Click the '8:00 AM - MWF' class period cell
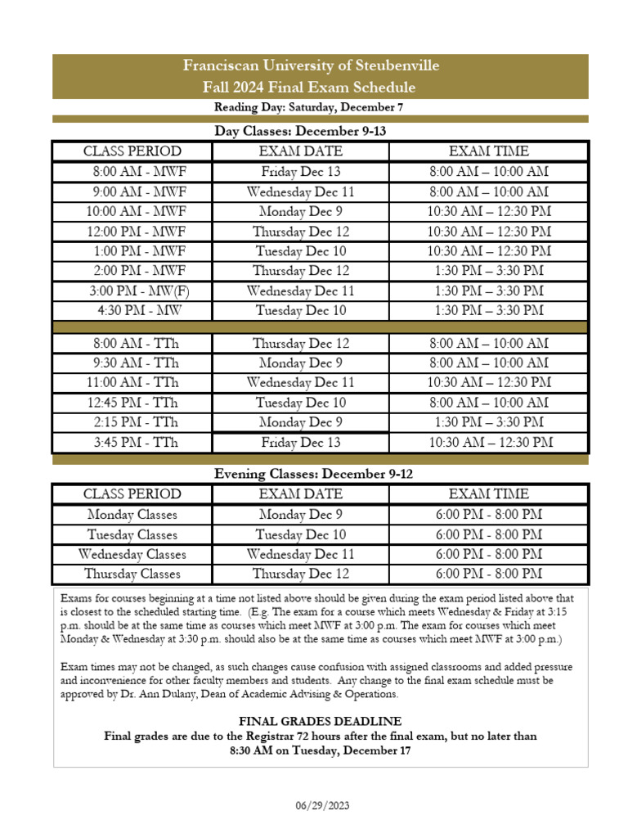tap(139, 172)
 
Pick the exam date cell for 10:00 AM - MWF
tap(301, 211)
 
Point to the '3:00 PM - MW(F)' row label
tap(139, 291)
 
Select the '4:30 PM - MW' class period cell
tap(139, 310)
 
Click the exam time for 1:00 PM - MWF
tap(489, 251)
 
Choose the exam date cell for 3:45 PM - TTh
tap(301, 443)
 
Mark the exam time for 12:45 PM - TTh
tap(489, 403)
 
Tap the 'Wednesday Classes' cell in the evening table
tap(132, 554)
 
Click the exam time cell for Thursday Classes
tap(489, 574)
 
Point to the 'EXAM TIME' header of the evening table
tap(489, 494)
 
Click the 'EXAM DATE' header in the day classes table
tap(301, 151)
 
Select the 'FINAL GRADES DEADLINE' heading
tap(320, 721)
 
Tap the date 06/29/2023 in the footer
tap(322, 806)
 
